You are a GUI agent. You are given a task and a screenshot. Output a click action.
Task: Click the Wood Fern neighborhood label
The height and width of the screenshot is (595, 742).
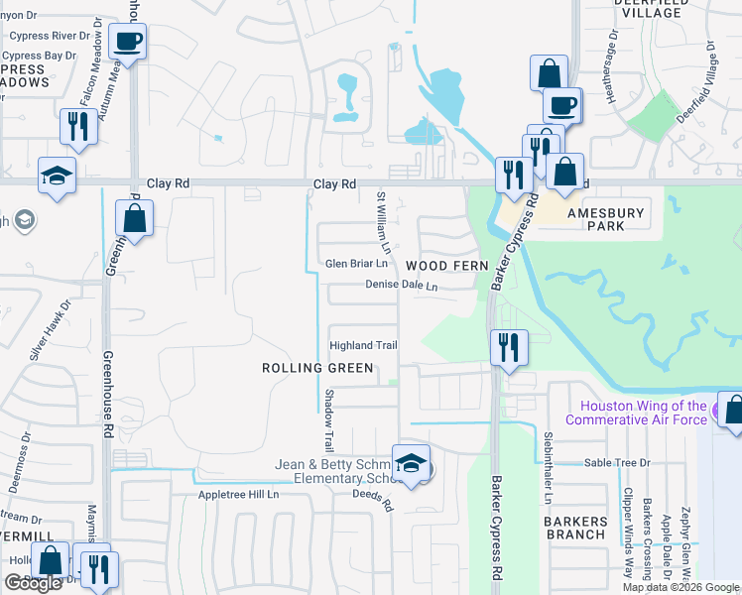(447, 266)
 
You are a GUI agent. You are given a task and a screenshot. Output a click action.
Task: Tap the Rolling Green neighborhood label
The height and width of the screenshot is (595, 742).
(317, 368)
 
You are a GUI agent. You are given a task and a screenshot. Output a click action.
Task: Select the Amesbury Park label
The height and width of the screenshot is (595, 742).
(605, 219)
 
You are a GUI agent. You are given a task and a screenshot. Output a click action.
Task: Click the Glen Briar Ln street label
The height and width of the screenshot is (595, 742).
(355, 264)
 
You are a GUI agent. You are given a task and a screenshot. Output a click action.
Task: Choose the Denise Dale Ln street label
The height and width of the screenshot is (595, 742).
(402, 285)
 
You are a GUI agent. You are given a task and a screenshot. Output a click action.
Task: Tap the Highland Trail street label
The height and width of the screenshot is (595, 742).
(364, 345)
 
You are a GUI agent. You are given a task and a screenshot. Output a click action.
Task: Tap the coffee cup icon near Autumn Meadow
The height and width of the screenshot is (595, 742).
(128, 43)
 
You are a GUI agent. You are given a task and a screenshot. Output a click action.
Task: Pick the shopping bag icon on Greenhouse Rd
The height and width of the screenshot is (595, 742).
(135, 216)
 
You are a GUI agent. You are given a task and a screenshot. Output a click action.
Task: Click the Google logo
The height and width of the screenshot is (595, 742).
(34, 583)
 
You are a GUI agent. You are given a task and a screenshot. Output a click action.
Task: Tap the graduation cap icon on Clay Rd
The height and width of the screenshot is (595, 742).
(57, 176)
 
